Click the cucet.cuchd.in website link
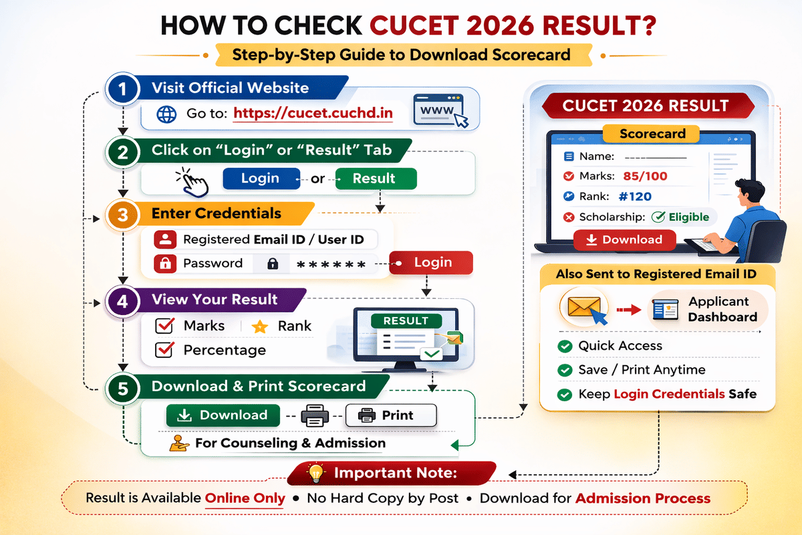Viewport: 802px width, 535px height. pos(313,113)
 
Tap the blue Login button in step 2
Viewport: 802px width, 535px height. pos(260,179)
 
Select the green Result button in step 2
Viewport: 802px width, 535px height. pos(374,179)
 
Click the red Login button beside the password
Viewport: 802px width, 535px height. pos(432,263)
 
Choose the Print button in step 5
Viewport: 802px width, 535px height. pos(390,415)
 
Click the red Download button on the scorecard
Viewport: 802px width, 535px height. pos(624,240)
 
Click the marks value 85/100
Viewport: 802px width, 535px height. pos(644,177)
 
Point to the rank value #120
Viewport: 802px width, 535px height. pos(635,197)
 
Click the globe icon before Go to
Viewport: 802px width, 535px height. pos(166,114)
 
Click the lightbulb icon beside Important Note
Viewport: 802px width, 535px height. pos(315,474)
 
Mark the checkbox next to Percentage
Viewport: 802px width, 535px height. pos(164,350)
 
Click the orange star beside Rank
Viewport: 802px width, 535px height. pos(259,327)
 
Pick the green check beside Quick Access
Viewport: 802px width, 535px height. pos(565,346)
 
